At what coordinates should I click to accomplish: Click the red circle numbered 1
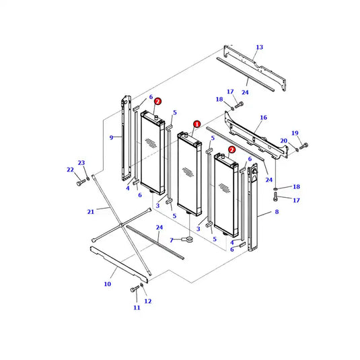coord(196,124)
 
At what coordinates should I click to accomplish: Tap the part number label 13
coord(260,47)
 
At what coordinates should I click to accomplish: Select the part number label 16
coord(264,117)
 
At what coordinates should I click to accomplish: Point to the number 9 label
coord(112,138)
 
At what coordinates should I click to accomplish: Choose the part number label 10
coord(107,284)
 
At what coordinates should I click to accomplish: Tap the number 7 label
coord(172,240)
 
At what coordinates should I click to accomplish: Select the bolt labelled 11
coord(134,290)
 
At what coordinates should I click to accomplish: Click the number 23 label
coord(81,163)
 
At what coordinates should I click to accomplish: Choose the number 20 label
coord(283,140)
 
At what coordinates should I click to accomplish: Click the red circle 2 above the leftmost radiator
coord(157,101)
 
